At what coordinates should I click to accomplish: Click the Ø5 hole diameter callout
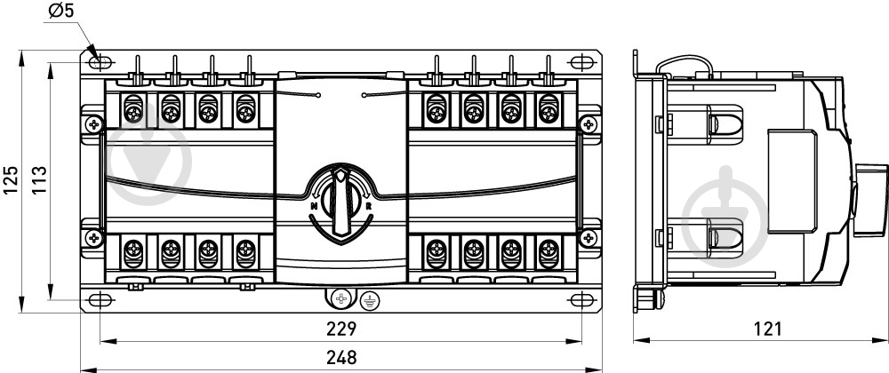click(61, 10)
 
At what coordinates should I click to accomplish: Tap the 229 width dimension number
click(341, 329)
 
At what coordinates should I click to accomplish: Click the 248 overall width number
click(341, 358)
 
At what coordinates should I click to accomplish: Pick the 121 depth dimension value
click(768, 329)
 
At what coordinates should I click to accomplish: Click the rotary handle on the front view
click(340, 202)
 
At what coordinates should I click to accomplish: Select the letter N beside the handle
click(314, 207)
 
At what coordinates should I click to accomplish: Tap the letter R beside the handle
click(368, 206)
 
